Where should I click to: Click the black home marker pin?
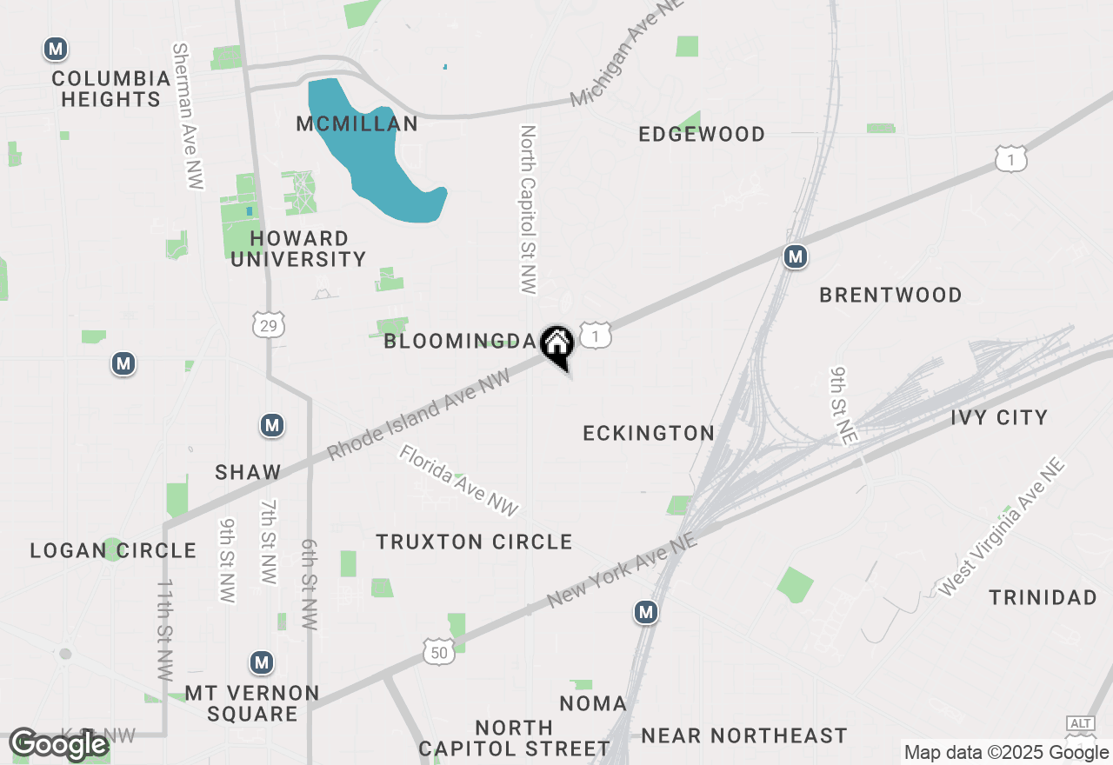click(556, 345)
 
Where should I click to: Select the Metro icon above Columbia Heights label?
click(57, 50)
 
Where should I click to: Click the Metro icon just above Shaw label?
click(272, 425)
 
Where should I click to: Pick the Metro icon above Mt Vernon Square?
click(261, 663)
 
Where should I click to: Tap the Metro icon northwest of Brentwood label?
click(795, 256)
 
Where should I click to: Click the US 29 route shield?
click(268, 325)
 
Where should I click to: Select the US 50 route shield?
click(439, 651)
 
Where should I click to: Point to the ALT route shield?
click(1080, 724)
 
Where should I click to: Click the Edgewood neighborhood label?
click(702, 134)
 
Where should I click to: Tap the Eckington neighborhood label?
click(649, 433)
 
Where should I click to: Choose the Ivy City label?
click(999, 417)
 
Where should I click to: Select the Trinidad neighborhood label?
click(1043, 597)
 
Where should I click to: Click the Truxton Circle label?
click(474, 542)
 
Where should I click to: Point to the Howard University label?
click(298, 249)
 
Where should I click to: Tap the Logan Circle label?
click(113, 550)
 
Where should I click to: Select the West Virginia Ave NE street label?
click(1002, 529)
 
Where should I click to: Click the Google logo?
click(59, 745)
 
